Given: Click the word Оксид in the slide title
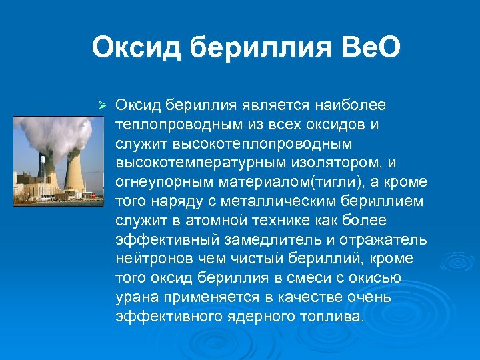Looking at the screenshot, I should (x=136, y=48).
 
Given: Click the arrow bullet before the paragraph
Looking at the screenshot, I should (x=102, y=106).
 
